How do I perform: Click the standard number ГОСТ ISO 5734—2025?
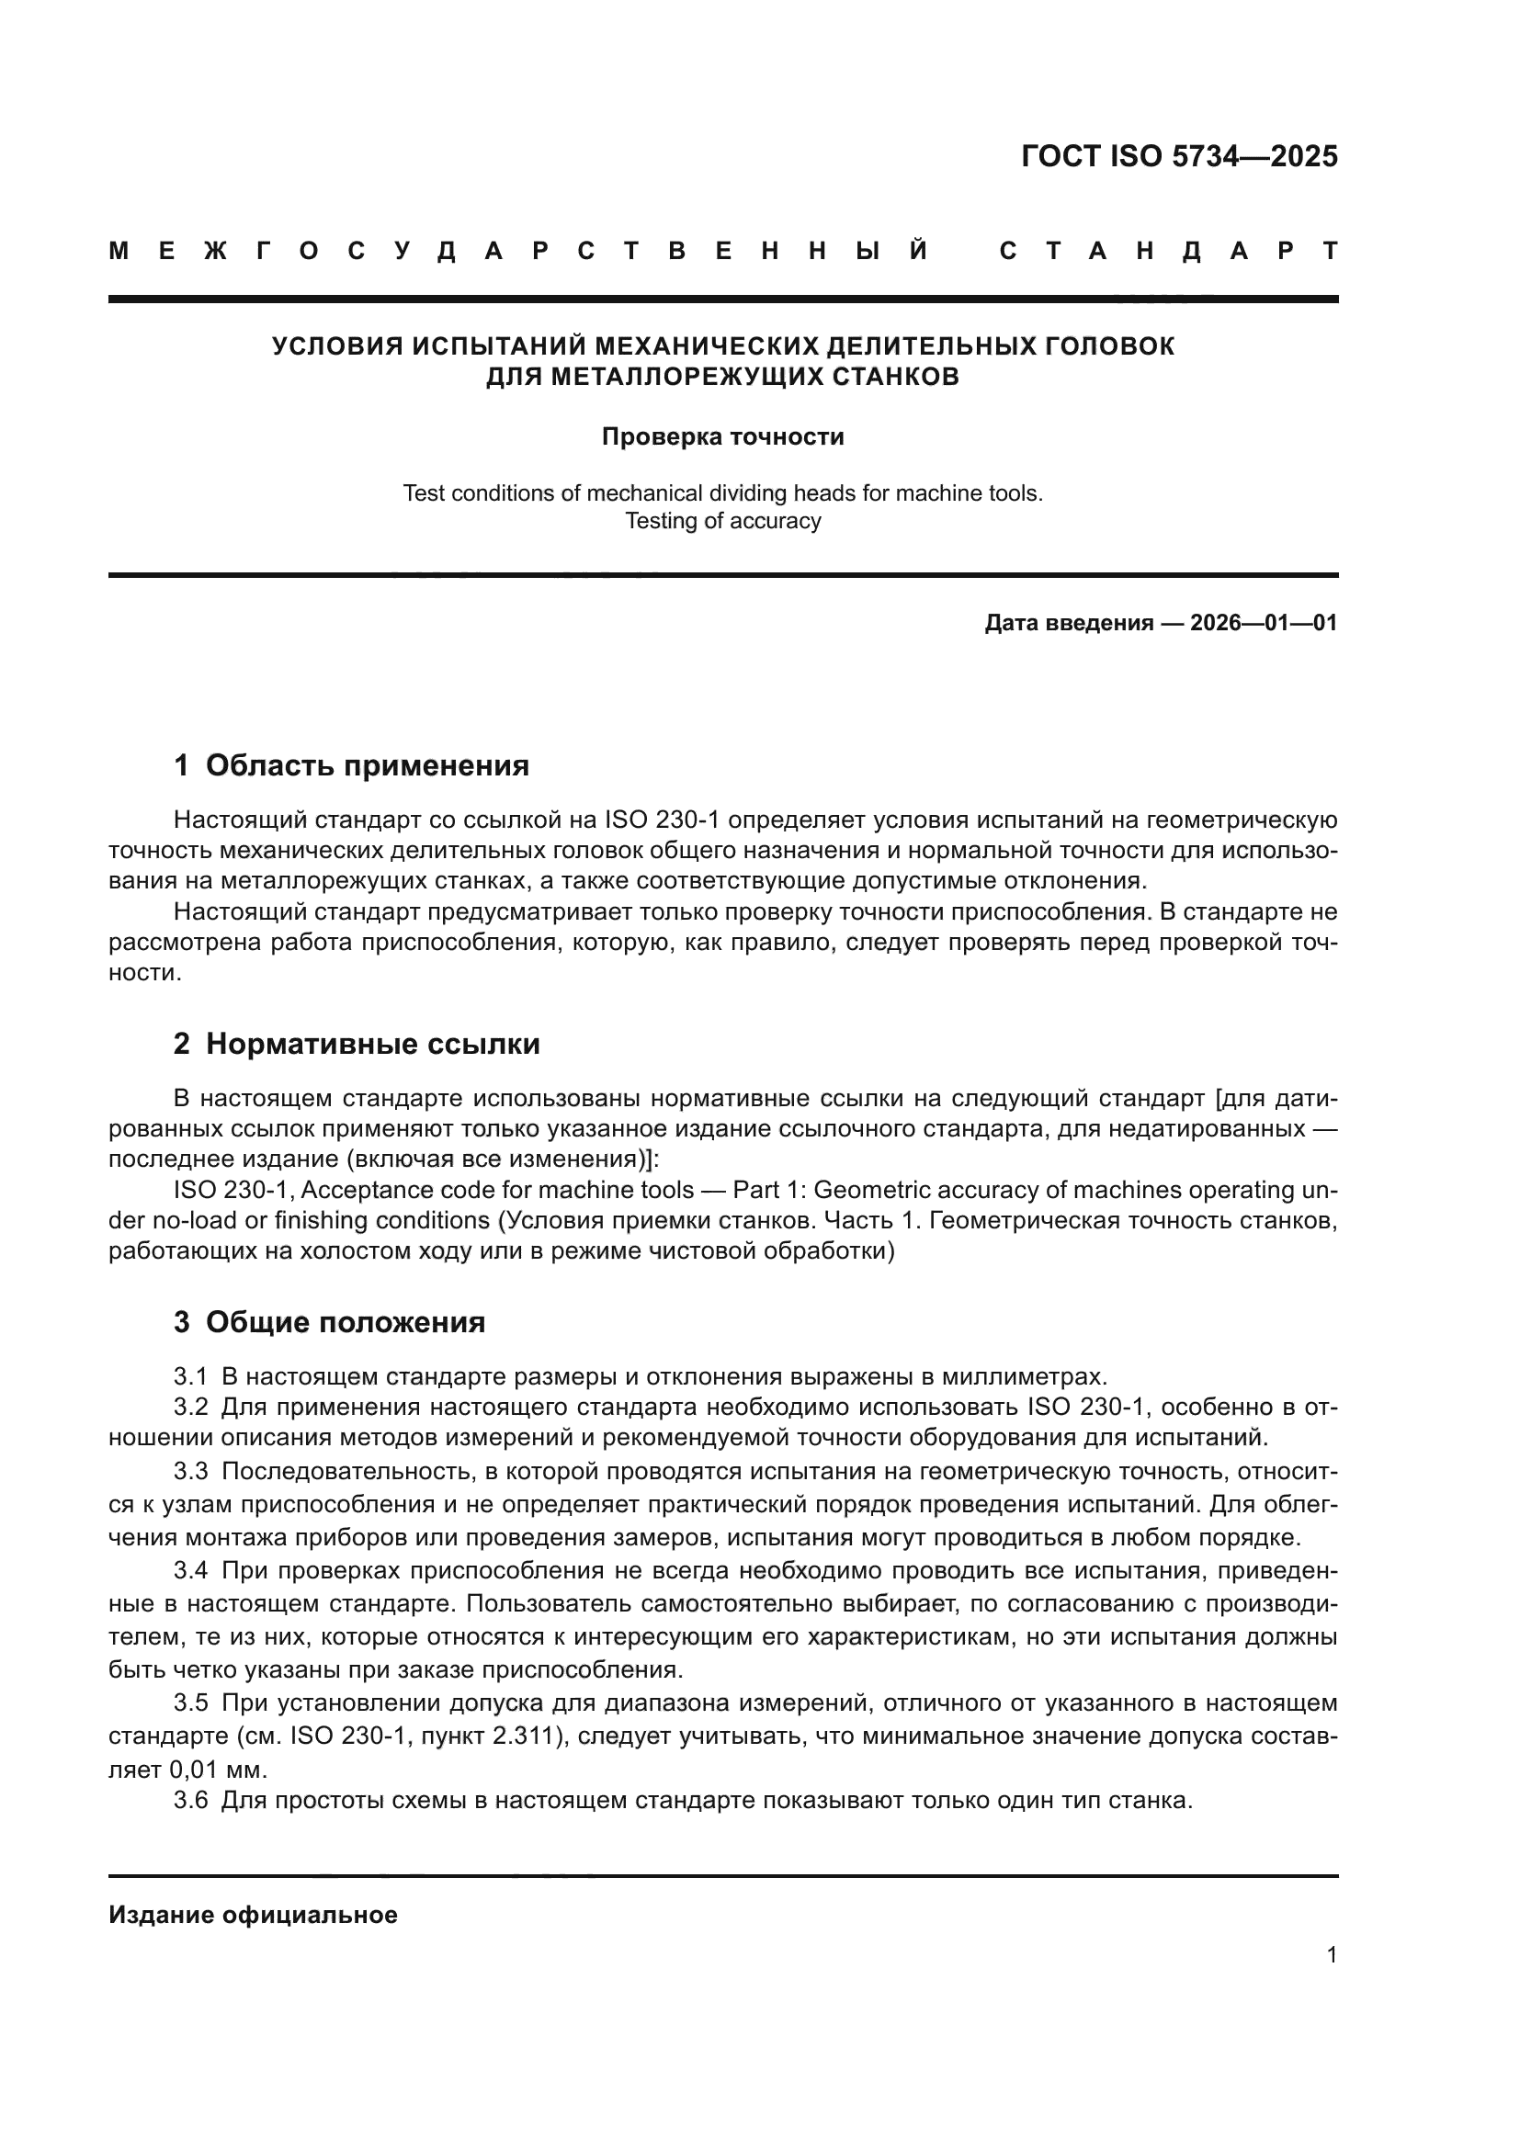pos(1179,156)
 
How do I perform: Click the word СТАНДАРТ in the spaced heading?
pos(1169,251)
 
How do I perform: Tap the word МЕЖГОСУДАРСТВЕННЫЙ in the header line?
pos(519,251)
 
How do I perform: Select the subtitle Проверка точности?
pos(722,437)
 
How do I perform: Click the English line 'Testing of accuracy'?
pos(722,521)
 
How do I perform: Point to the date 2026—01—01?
pos(1264,623)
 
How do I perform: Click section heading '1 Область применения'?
pos(351,765)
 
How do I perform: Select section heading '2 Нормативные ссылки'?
pos(357,1044)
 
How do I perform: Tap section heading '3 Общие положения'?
pos(330,1322)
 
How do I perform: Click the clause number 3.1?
pos(190,1377)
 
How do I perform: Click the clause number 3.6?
pos(190,1800)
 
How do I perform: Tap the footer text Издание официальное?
pos(253,1915)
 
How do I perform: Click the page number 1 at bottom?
pos(1332,1955)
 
